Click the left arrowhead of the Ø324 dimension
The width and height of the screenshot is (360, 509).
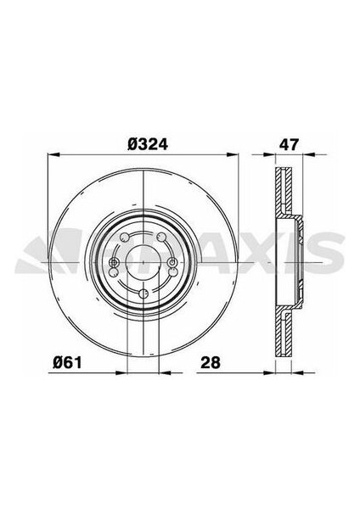(50, 155)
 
